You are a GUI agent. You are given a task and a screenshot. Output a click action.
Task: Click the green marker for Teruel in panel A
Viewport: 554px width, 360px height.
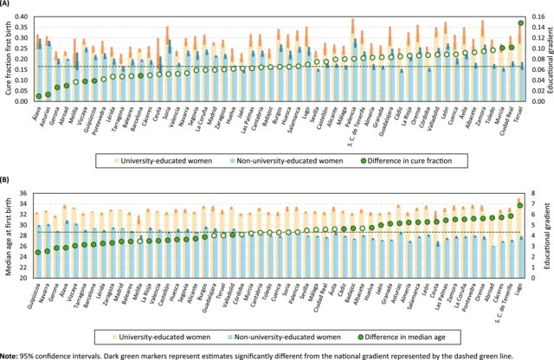click(x=520, y=23)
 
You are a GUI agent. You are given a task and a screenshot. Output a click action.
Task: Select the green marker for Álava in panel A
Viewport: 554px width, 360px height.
click(x=38, y=96)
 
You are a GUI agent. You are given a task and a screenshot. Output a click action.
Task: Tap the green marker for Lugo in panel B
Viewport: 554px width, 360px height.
click(x=520, y=205)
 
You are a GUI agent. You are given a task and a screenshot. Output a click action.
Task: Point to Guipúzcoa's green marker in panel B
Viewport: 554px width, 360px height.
click(x=38, y=252)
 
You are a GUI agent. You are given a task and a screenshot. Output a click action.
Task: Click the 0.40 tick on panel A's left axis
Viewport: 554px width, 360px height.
click(x=23, y=16)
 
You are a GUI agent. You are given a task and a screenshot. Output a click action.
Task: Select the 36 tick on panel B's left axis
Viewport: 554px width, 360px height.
click(x=24, y=194)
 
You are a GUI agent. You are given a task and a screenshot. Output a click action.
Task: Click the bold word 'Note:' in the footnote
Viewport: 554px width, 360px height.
click(x=11, y=352)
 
